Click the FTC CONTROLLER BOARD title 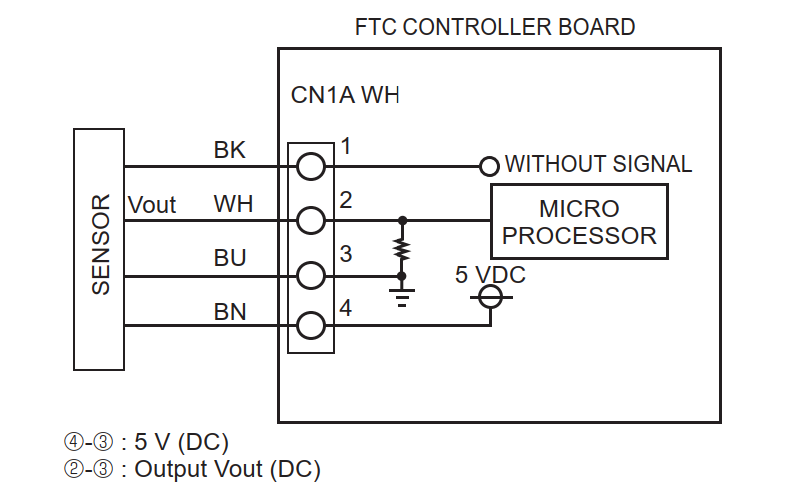(x=494, y=27)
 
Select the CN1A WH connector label (x=346, y=95)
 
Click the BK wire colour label (x=230, y=150)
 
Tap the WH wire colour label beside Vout (x=233, y=204)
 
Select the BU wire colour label (x=230, y=258)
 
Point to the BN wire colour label (x=230, y=311)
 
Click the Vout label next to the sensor (x=152, y=205)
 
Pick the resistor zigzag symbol (x=402, y=249)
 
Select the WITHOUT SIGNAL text (x=598, y=164)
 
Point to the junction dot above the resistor (x=402, y=220)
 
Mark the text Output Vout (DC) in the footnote (x=227, y=469)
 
